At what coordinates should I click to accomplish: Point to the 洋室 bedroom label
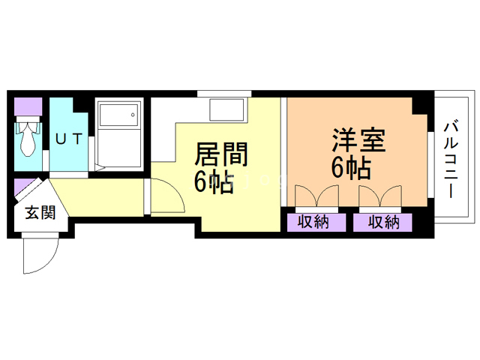(358, 140)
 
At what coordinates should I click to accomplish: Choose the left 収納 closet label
(314, 222)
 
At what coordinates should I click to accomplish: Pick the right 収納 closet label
(383, 222)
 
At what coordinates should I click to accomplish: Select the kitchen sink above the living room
(227, 111)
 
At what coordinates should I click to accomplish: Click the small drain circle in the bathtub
(134, 116)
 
